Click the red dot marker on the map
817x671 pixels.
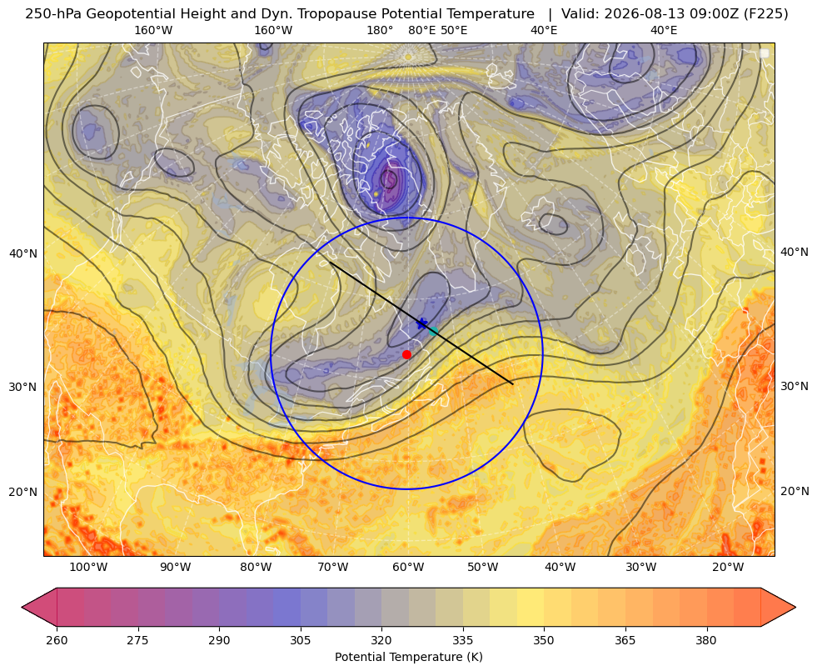pos(406,354)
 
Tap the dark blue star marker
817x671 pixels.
pos(422,323)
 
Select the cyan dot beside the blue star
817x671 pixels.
pos(434,331)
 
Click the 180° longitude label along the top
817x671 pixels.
pos(380,30)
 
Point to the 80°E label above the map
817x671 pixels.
pos(422,30)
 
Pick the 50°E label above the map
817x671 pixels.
pos(454,30)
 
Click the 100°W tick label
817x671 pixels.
pos(88,567)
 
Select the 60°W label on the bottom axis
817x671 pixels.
pos(407,567)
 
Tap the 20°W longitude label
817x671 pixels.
pos(728,567)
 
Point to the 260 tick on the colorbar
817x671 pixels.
pos(57,640)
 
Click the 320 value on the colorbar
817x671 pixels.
pos(381,640)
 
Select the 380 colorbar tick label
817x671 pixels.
pos(706,640)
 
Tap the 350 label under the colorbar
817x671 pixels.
pos(544,640)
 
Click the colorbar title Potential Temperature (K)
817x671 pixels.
pos(408,657)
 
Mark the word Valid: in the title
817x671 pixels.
pos(580,14)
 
